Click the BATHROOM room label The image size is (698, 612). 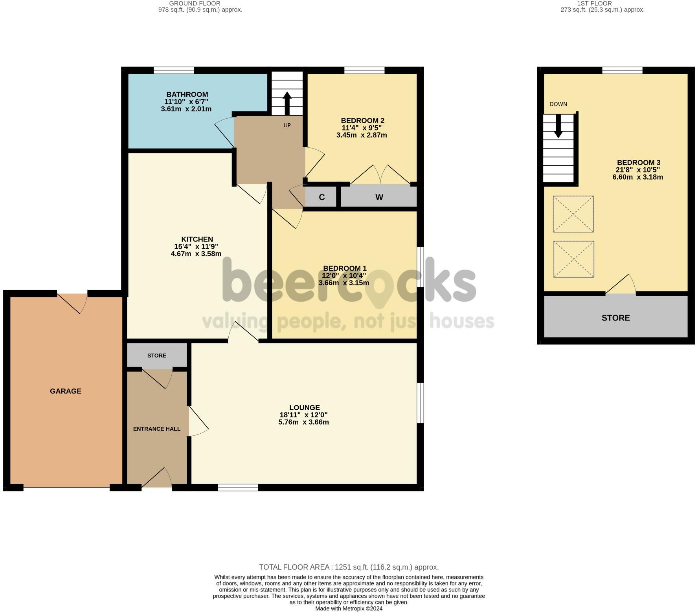point(187,94)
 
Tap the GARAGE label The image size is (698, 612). point(66,391)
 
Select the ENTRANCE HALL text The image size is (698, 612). point(157,429)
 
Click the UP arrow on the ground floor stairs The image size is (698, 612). point(287,103)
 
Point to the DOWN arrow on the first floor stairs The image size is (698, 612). point(558,126)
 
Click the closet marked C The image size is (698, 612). point(321,197)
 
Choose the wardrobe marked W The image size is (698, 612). point(378,196)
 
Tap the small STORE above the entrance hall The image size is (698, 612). point(157,355)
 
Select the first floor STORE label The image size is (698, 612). point(615,318)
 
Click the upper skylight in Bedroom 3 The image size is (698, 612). point(573,214)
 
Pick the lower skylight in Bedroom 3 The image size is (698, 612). point(573,259)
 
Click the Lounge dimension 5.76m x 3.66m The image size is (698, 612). point(303,422)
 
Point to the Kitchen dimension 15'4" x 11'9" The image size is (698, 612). point(196,247)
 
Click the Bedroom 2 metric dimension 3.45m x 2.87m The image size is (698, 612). point(362,135)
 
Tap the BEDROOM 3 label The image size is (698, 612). point(639,163)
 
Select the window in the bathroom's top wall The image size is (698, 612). point(174,70)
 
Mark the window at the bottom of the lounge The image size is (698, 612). point(238,487)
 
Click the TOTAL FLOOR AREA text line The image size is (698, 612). point(349,567)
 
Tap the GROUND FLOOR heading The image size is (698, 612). point(200,4)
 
